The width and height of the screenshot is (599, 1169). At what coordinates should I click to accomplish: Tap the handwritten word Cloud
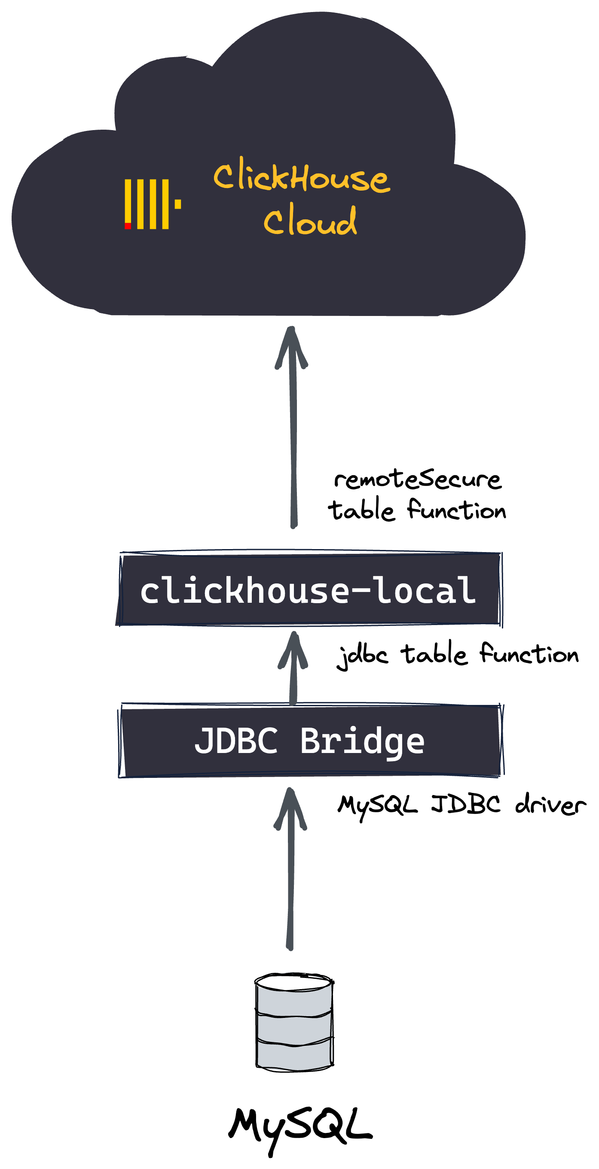[310, 222]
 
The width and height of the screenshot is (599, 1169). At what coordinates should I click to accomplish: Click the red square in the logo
[128, 226]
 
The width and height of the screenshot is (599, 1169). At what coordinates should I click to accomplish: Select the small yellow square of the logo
[178, 204]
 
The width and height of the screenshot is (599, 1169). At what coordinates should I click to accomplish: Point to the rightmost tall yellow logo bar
[166, 204]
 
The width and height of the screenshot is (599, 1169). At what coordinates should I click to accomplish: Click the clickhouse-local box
[309, 589]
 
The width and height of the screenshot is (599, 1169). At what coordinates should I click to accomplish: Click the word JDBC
[236, 741]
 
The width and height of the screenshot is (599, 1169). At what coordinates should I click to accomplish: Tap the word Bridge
[362, 741]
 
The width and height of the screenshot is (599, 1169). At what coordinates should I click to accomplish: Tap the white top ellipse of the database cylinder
[293, 984]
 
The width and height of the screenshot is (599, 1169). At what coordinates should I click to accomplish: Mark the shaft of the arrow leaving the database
[290, 890]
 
